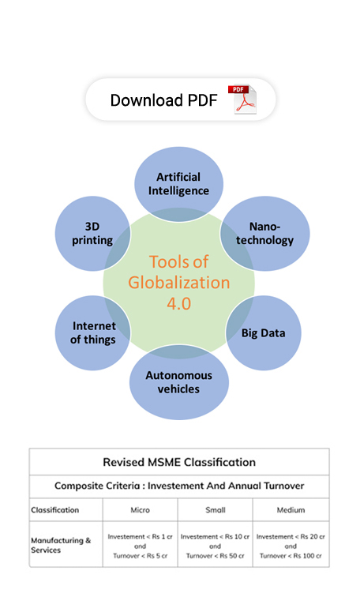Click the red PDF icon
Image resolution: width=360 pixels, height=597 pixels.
242,99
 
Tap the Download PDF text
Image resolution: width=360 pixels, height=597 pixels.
163,100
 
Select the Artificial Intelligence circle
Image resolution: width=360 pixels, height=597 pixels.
178,184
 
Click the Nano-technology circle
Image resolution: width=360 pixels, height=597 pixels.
264,234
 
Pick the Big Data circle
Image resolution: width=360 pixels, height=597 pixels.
264,332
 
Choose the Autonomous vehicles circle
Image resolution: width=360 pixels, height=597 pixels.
179,382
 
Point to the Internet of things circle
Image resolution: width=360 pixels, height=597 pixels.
93,332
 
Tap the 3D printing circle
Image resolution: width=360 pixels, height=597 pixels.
93,234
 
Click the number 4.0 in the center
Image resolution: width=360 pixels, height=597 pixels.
179,303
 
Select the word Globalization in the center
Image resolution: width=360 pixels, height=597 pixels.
179,283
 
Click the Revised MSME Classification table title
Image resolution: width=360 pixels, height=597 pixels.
179,462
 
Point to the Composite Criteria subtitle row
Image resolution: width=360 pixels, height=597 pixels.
179,486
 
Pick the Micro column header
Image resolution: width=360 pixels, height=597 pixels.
140,510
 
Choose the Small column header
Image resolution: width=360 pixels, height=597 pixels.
216,510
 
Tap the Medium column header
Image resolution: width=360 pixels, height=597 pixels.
291,510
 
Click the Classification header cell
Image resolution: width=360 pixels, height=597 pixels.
66,510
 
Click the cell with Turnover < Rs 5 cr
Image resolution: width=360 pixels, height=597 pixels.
140,544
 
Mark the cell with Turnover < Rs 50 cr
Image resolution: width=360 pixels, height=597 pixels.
216,544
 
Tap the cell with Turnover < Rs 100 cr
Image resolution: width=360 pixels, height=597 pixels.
291,544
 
